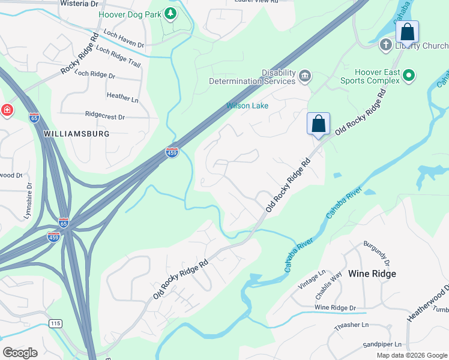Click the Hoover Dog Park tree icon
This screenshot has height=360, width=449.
click(171, 13)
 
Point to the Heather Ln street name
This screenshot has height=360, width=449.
click(122, 96)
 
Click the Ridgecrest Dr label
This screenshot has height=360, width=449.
click(105, 116)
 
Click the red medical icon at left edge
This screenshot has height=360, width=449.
click(7, 110)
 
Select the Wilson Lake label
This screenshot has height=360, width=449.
click(247, 106)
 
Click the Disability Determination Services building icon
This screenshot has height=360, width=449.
click(305, 76)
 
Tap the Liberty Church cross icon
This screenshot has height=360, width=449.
click(386, 45)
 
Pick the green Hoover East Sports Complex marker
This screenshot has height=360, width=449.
click(409, 75)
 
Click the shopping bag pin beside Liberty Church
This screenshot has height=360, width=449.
click(407, 32)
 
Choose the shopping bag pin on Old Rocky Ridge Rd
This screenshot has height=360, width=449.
click(318, 124)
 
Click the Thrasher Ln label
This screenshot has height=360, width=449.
click(353, 325)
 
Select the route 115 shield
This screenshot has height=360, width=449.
click(55, 323)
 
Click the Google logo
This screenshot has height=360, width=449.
click(20, 353)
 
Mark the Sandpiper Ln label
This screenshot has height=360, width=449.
click(382, 345)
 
